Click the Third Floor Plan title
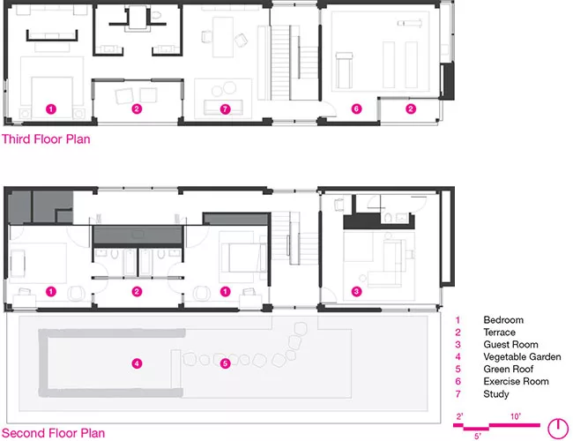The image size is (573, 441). coord(46,139)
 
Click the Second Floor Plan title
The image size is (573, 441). coord(54,433)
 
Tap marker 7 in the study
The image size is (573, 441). coord(225,109)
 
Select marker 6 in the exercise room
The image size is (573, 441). coord(356,108)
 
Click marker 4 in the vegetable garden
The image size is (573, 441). coord(137,363)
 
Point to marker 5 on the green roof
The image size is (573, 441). coord(225,363)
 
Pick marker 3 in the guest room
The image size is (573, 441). coord(356,291)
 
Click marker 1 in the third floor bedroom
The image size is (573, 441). coord(51,109)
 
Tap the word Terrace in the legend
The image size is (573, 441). coord(499,333)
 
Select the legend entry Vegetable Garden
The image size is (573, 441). coord(522,357)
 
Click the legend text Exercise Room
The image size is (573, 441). coord(516,381)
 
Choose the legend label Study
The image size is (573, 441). coord(496,394)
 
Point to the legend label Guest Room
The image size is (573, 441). coord(510,345)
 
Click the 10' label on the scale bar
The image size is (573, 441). coord(516,416)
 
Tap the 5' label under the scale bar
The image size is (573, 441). coord(478,437)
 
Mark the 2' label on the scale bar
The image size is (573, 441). coord(459,416)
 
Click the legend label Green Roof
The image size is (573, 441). coord(508,370)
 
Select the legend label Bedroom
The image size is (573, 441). coord(503,320)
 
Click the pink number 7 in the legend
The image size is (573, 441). coord(458,394)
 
